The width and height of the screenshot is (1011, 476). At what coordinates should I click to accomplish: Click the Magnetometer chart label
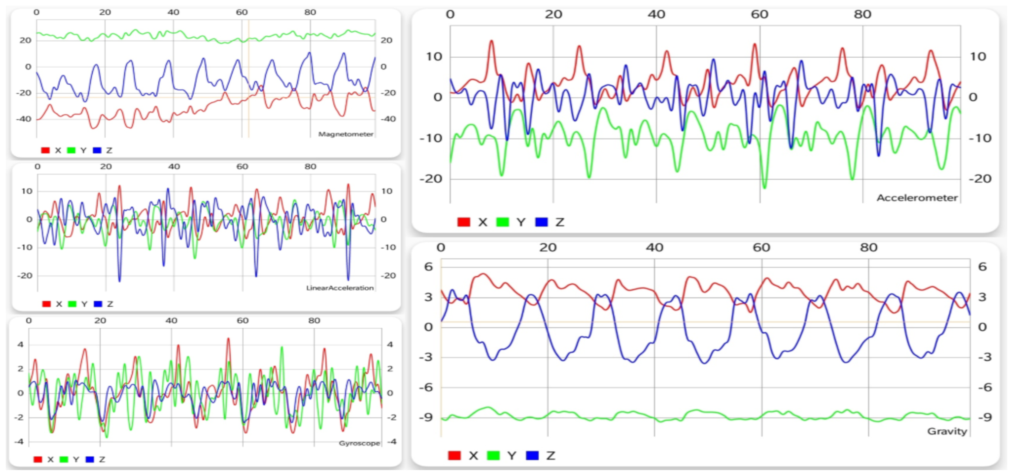345,134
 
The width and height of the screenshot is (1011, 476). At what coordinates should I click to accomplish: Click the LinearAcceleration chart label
340,288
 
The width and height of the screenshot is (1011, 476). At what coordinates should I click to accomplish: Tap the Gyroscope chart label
359,443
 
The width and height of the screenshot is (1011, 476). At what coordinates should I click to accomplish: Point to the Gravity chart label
947,431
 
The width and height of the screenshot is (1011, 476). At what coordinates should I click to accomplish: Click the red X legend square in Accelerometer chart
464,222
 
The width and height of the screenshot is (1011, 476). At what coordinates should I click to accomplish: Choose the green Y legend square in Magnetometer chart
71,150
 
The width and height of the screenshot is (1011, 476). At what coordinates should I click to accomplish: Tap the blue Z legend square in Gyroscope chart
90,459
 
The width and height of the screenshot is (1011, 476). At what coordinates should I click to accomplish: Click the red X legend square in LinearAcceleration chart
46,304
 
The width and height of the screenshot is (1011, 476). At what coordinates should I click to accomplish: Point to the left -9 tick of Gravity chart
425,417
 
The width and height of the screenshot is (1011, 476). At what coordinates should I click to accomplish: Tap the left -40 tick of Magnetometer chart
24,119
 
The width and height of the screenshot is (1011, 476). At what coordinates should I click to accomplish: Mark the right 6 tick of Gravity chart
982,267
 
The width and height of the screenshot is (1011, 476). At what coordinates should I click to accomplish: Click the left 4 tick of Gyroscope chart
20,345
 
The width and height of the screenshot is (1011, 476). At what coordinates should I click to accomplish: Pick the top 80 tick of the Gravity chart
868,247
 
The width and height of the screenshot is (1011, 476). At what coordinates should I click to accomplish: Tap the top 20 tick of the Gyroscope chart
100,320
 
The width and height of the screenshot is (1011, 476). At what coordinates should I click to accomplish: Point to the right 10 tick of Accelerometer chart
978,57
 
